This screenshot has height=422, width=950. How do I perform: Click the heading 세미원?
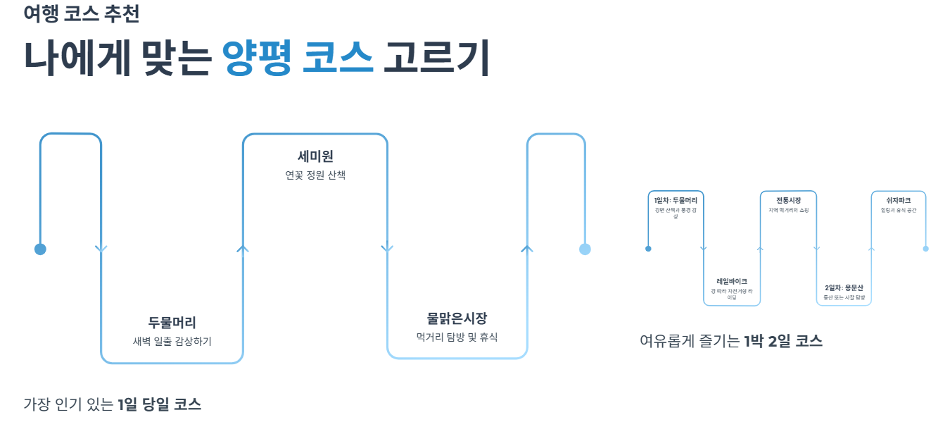click(315, 156)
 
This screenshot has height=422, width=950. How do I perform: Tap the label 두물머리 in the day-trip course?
click(172, 323)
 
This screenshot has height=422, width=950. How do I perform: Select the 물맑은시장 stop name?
click(457, 318)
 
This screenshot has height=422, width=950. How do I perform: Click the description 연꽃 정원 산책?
click(315, 175)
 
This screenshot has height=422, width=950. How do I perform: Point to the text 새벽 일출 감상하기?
click(172, 341)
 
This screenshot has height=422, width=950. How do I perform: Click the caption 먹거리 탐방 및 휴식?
click(457, 337)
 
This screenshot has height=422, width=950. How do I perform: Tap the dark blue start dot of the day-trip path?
click(40, 249)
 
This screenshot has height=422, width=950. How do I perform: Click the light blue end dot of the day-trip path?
click(585, 249)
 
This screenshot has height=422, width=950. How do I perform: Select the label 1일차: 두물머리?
click(676, 201)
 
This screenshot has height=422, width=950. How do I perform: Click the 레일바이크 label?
click(732, 281)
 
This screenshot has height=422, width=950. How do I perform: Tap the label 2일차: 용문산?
click(844, 287)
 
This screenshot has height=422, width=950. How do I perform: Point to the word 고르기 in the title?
click(436, 58)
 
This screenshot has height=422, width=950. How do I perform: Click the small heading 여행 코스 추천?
click(81, 14)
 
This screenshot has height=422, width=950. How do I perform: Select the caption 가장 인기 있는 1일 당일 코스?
click(113, 404)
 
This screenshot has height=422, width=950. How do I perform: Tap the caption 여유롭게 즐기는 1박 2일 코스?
click(731, 342)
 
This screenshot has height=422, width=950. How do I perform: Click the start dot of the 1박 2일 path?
click(648, 249)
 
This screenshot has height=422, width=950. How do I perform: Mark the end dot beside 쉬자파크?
click(925, 249)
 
